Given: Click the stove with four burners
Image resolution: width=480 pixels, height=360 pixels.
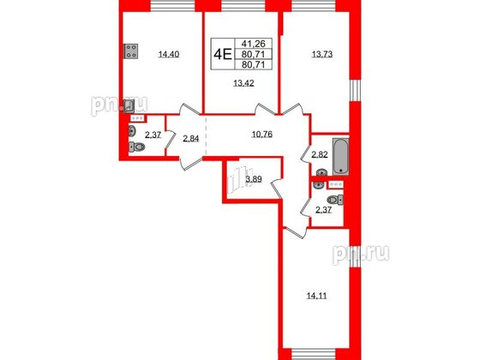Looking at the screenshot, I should [131, 51].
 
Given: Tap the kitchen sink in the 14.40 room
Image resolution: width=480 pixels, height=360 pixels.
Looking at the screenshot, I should [129, 106].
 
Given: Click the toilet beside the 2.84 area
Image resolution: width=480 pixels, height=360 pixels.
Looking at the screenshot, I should [138, 147].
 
